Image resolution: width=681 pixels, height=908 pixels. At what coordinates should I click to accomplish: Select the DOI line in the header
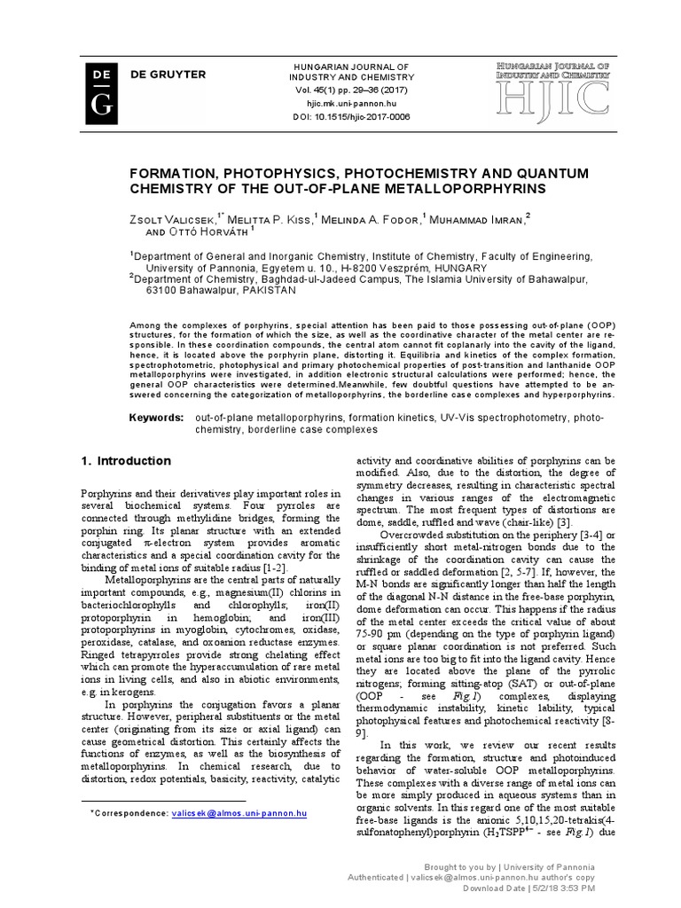(x=352, y=116)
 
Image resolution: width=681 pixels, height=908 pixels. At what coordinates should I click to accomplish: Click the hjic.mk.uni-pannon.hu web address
(x=352, y=103)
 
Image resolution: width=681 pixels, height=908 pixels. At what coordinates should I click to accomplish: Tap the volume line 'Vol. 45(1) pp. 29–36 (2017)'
(x=352, y=91)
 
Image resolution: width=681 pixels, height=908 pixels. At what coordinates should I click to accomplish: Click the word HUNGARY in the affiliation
(x=456, y=267)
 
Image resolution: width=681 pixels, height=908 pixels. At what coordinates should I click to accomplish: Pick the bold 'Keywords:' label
(x=157, y=417)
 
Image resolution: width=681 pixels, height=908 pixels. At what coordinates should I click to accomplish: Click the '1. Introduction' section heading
(x=126, y=461)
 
